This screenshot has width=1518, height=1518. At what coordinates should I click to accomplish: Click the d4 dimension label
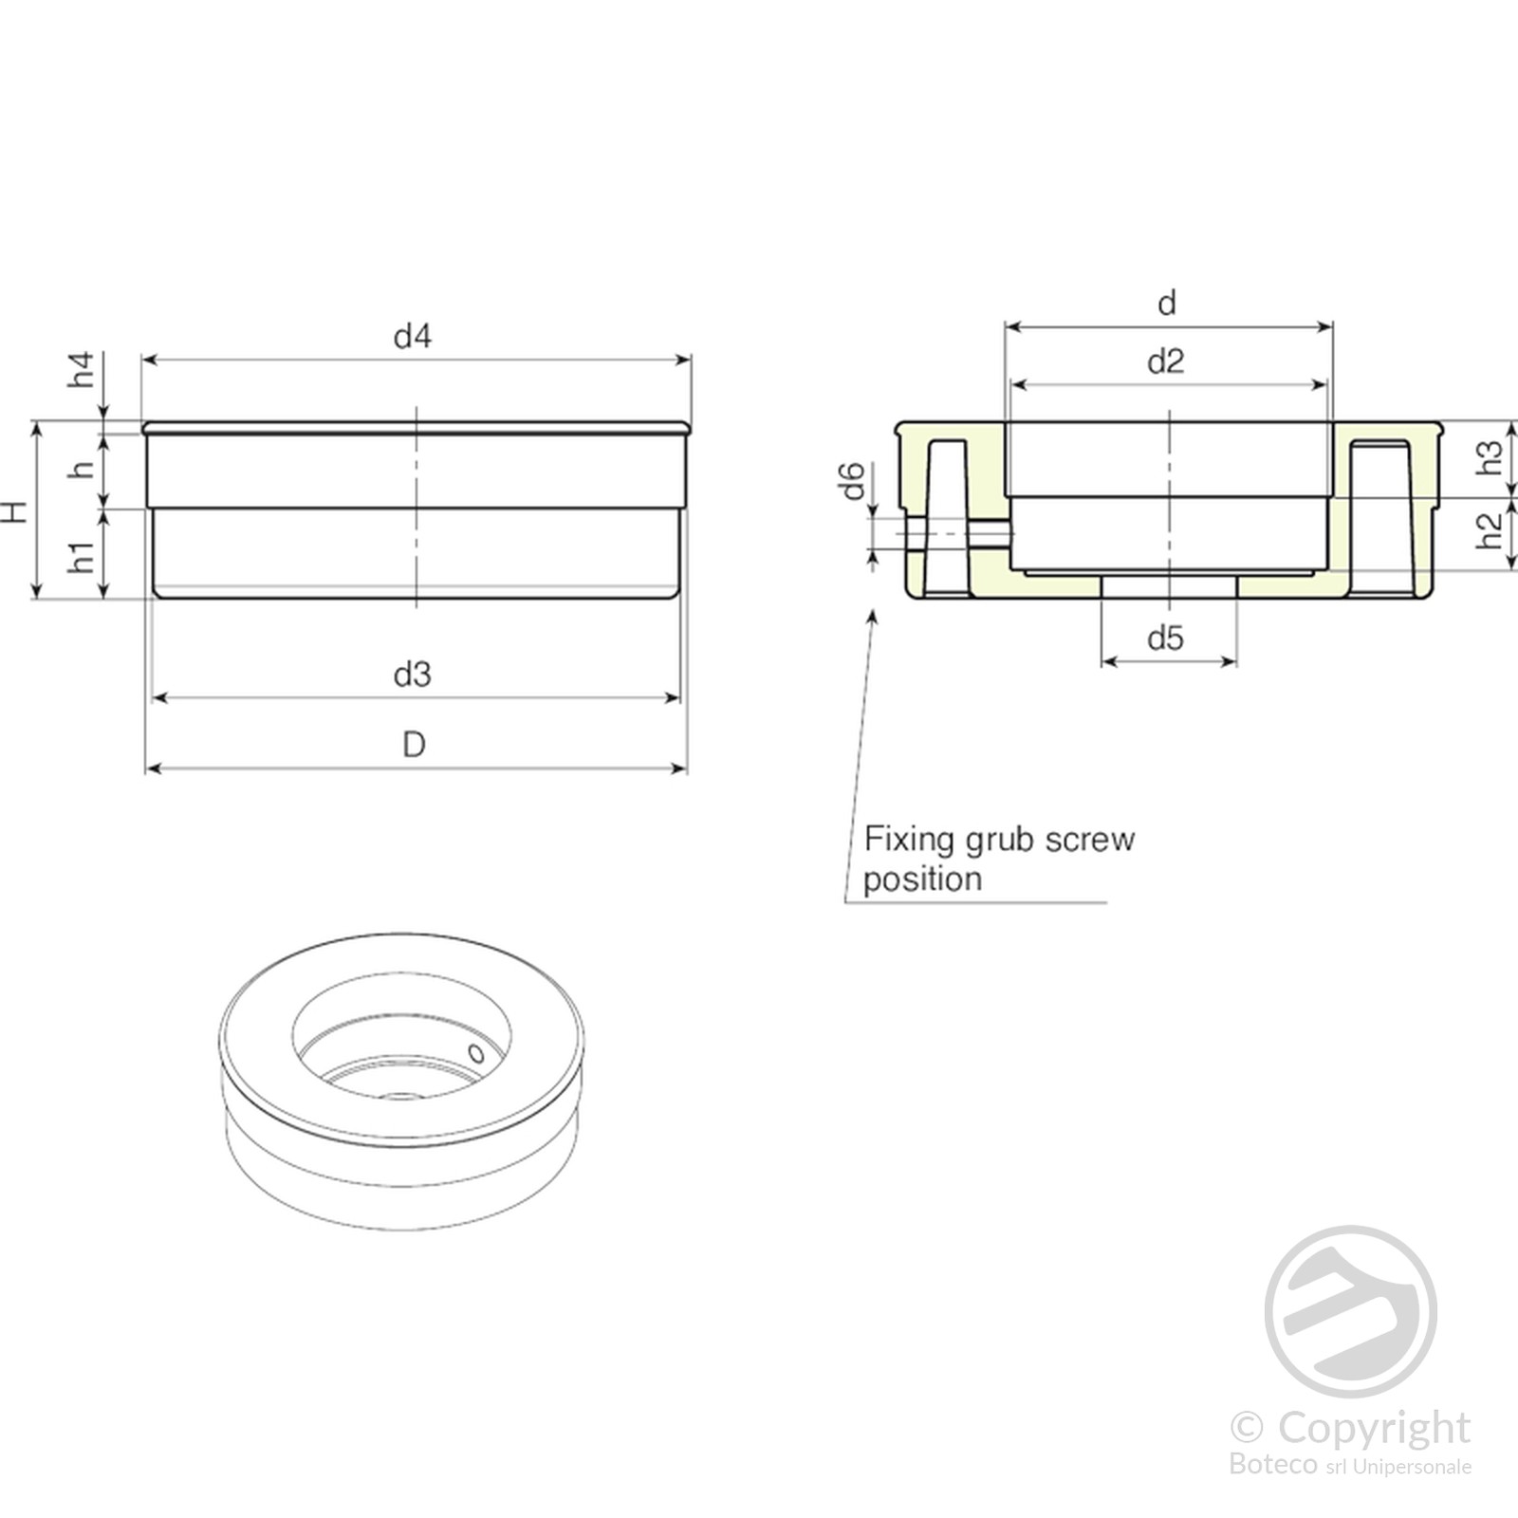(x=413, y=336)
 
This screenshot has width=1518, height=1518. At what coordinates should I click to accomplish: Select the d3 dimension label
(x=413, y=675)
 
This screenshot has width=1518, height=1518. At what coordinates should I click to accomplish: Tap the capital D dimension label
(x=414, y=745)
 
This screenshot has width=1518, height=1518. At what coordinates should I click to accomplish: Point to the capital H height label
(x=15, y=512)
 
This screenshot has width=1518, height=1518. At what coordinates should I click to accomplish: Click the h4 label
(x=83, y=369)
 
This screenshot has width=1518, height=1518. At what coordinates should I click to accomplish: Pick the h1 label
(x=83, y=557)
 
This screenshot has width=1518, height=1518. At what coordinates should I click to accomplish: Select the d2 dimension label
(x=1166, y=361)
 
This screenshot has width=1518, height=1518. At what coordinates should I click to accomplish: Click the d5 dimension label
(x=1166, y=639)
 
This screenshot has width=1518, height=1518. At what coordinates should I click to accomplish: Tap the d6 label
(x=853, y=480)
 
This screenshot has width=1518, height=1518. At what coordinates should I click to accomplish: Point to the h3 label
(x=1490, y=458)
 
